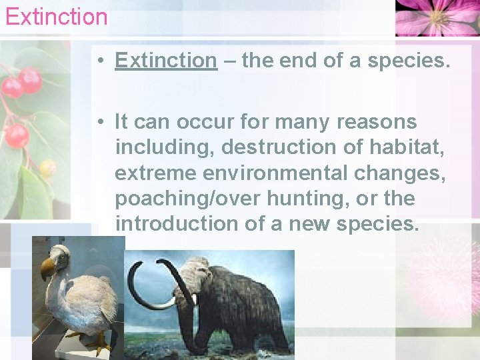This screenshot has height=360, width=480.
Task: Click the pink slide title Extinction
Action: tap(56, 16)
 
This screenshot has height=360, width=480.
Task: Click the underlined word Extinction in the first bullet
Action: tap(165, 61)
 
